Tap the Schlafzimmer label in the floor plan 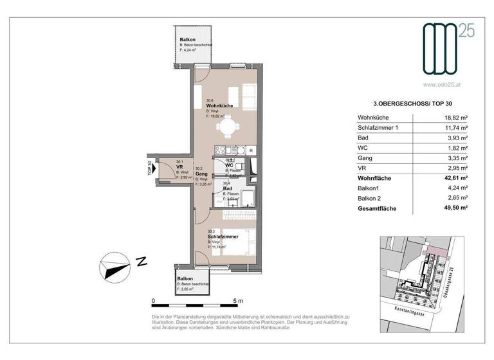pos(223,237)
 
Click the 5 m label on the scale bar pos(239,301)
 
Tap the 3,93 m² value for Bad pos(458,138)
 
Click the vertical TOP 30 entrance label pos(150,168)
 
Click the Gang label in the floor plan pos(201,174)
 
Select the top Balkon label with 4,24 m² pos(188,40)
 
